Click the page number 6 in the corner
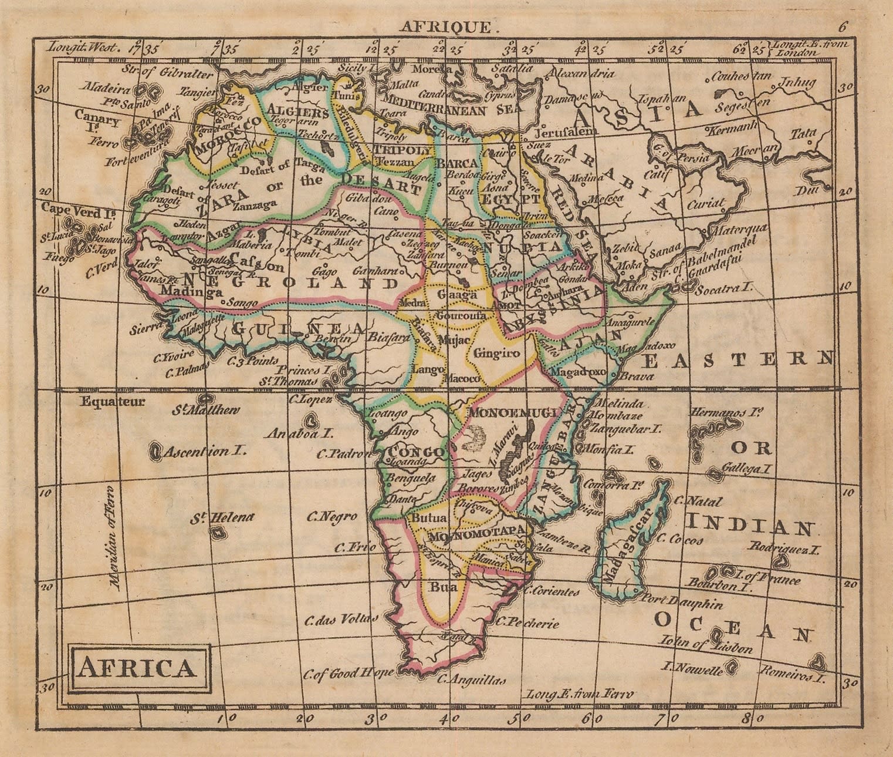[x=843, y=26]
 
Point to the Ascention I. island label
[x=204, y=452]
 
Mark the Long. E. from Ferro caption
[x=580, y=694]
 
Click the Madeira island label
[x=106, y=90]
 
